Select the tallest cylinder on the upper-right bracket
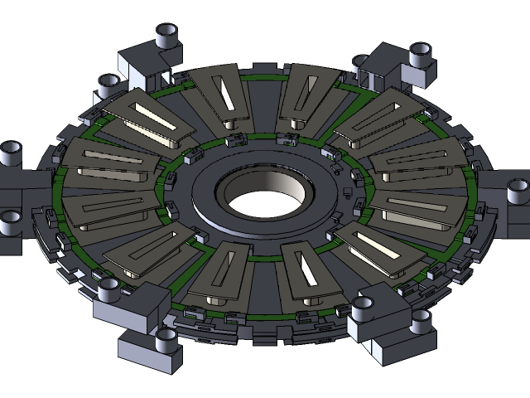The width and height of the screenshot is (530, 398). coord(420,56)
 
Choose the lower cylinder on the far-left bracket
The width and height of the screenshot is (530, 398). coord(11,221)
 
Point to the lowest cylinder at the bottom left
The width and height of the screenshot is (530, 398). coord(166,338)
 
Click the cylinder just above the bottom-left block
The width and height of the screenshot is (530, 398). coord(108,289)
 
